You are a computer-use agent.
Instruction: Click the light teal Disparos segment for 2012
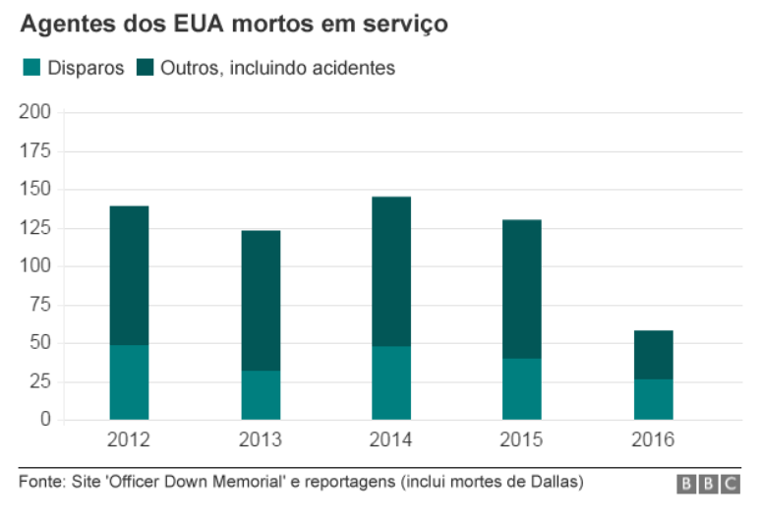[129, 382]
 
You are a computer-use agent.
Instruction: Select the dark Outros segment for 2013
[261, 301]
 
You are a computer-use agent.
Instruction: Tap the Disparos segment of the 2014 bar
[391, 383]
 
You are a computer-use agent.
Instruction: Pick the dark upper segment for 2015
[522, 289]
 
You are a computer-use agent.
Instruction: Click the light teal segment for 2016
[653, 400]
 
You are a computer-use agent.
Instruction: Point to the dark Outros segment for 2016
[653, 355]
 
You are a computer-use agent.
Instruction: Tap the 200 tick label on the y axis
[35, 113]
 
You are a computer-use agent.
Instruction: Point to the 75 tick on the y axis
[40, 304]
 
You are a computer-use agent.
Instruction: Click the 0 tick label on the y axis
[45, 420]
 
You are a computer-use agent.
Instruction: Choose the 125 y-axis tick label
[35, 228]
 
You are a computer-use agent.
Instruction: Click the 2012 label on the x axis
[129, 439]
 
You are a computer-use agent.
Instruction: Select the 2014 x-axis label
[391, 439]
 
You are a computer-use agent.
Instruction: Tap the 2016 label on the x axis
[653, 439]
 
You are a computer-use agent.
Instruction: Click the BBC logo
[708, 484]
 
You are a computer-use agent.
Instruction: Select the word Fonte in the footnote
[38, 482]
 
